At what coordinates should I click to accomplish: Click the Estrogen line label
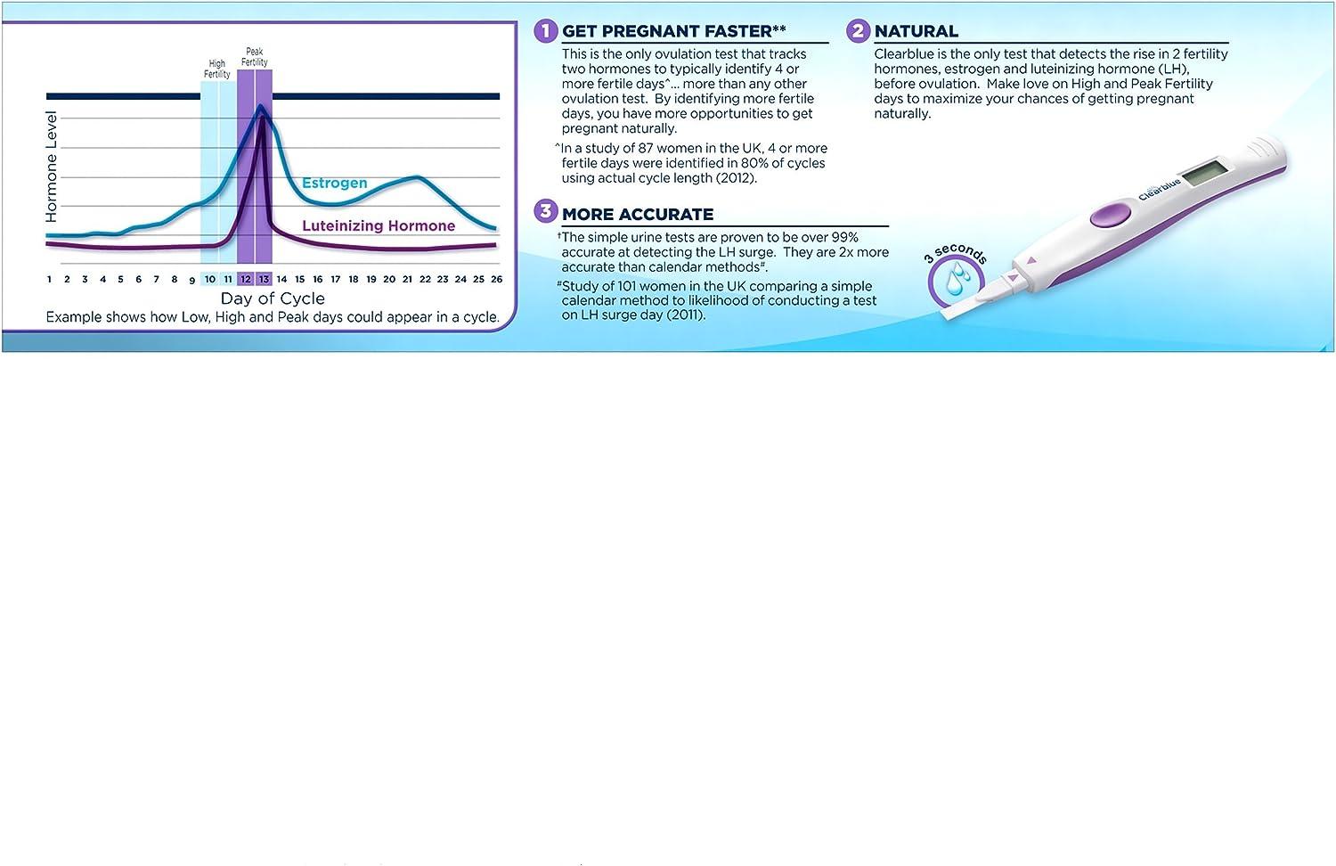coord(334,184)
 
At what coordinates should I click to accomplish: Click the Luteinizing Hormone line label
coord(379,226)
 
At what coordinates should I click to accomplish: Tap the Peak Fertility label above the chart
coord(255,57)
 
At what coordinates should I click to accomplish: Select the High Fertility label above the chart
coord(216,69)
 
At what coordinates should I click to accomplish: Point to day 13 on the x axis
coord(264,279)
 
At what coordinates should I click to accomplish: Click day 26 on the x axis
coord(497,279)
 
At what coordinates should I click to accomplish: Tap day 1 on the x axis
coord(49,279)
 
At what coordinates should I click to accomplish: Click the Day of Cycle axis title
coord(273,298)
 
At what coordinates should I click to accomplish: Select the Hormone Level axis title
coord(52,167)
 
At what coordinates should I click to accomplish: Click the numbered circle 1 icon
coord(545,30)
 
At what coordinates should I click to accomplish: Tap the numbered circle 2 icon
coord(858,30)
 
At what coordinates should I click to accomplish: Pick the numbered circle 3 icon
coord(545,212)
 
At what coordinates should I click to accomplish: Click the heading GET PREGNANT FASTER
coord(673,31)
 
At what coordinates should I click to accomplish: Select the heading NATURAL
coord(916,31)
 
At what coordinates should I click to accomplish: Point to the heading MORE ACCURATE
coord(638,215)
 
